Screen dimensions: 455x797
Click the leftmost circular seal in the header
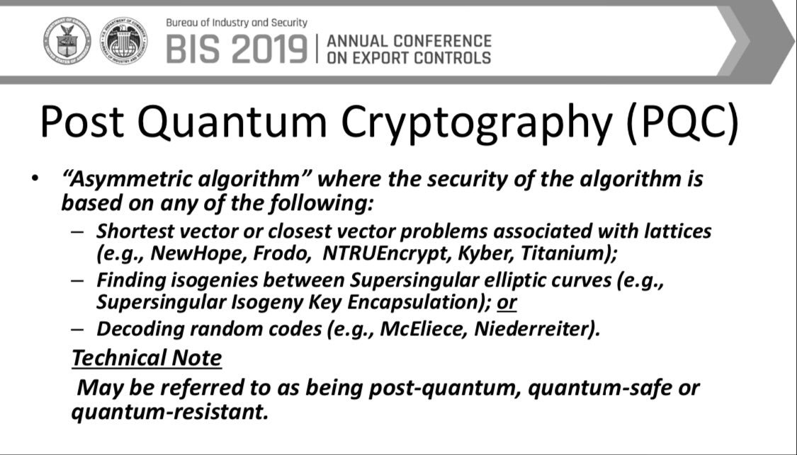[x=67, y=41]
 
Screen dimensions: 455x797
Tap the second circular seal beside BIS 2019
[x=123, y=41]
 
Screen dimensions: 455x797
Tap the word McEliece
[x=419, y=329]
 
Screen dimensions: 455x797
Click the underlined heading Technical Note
[x=147, y=358]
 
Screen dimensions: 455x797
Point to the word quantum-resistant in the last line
[x=169, y=411]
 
